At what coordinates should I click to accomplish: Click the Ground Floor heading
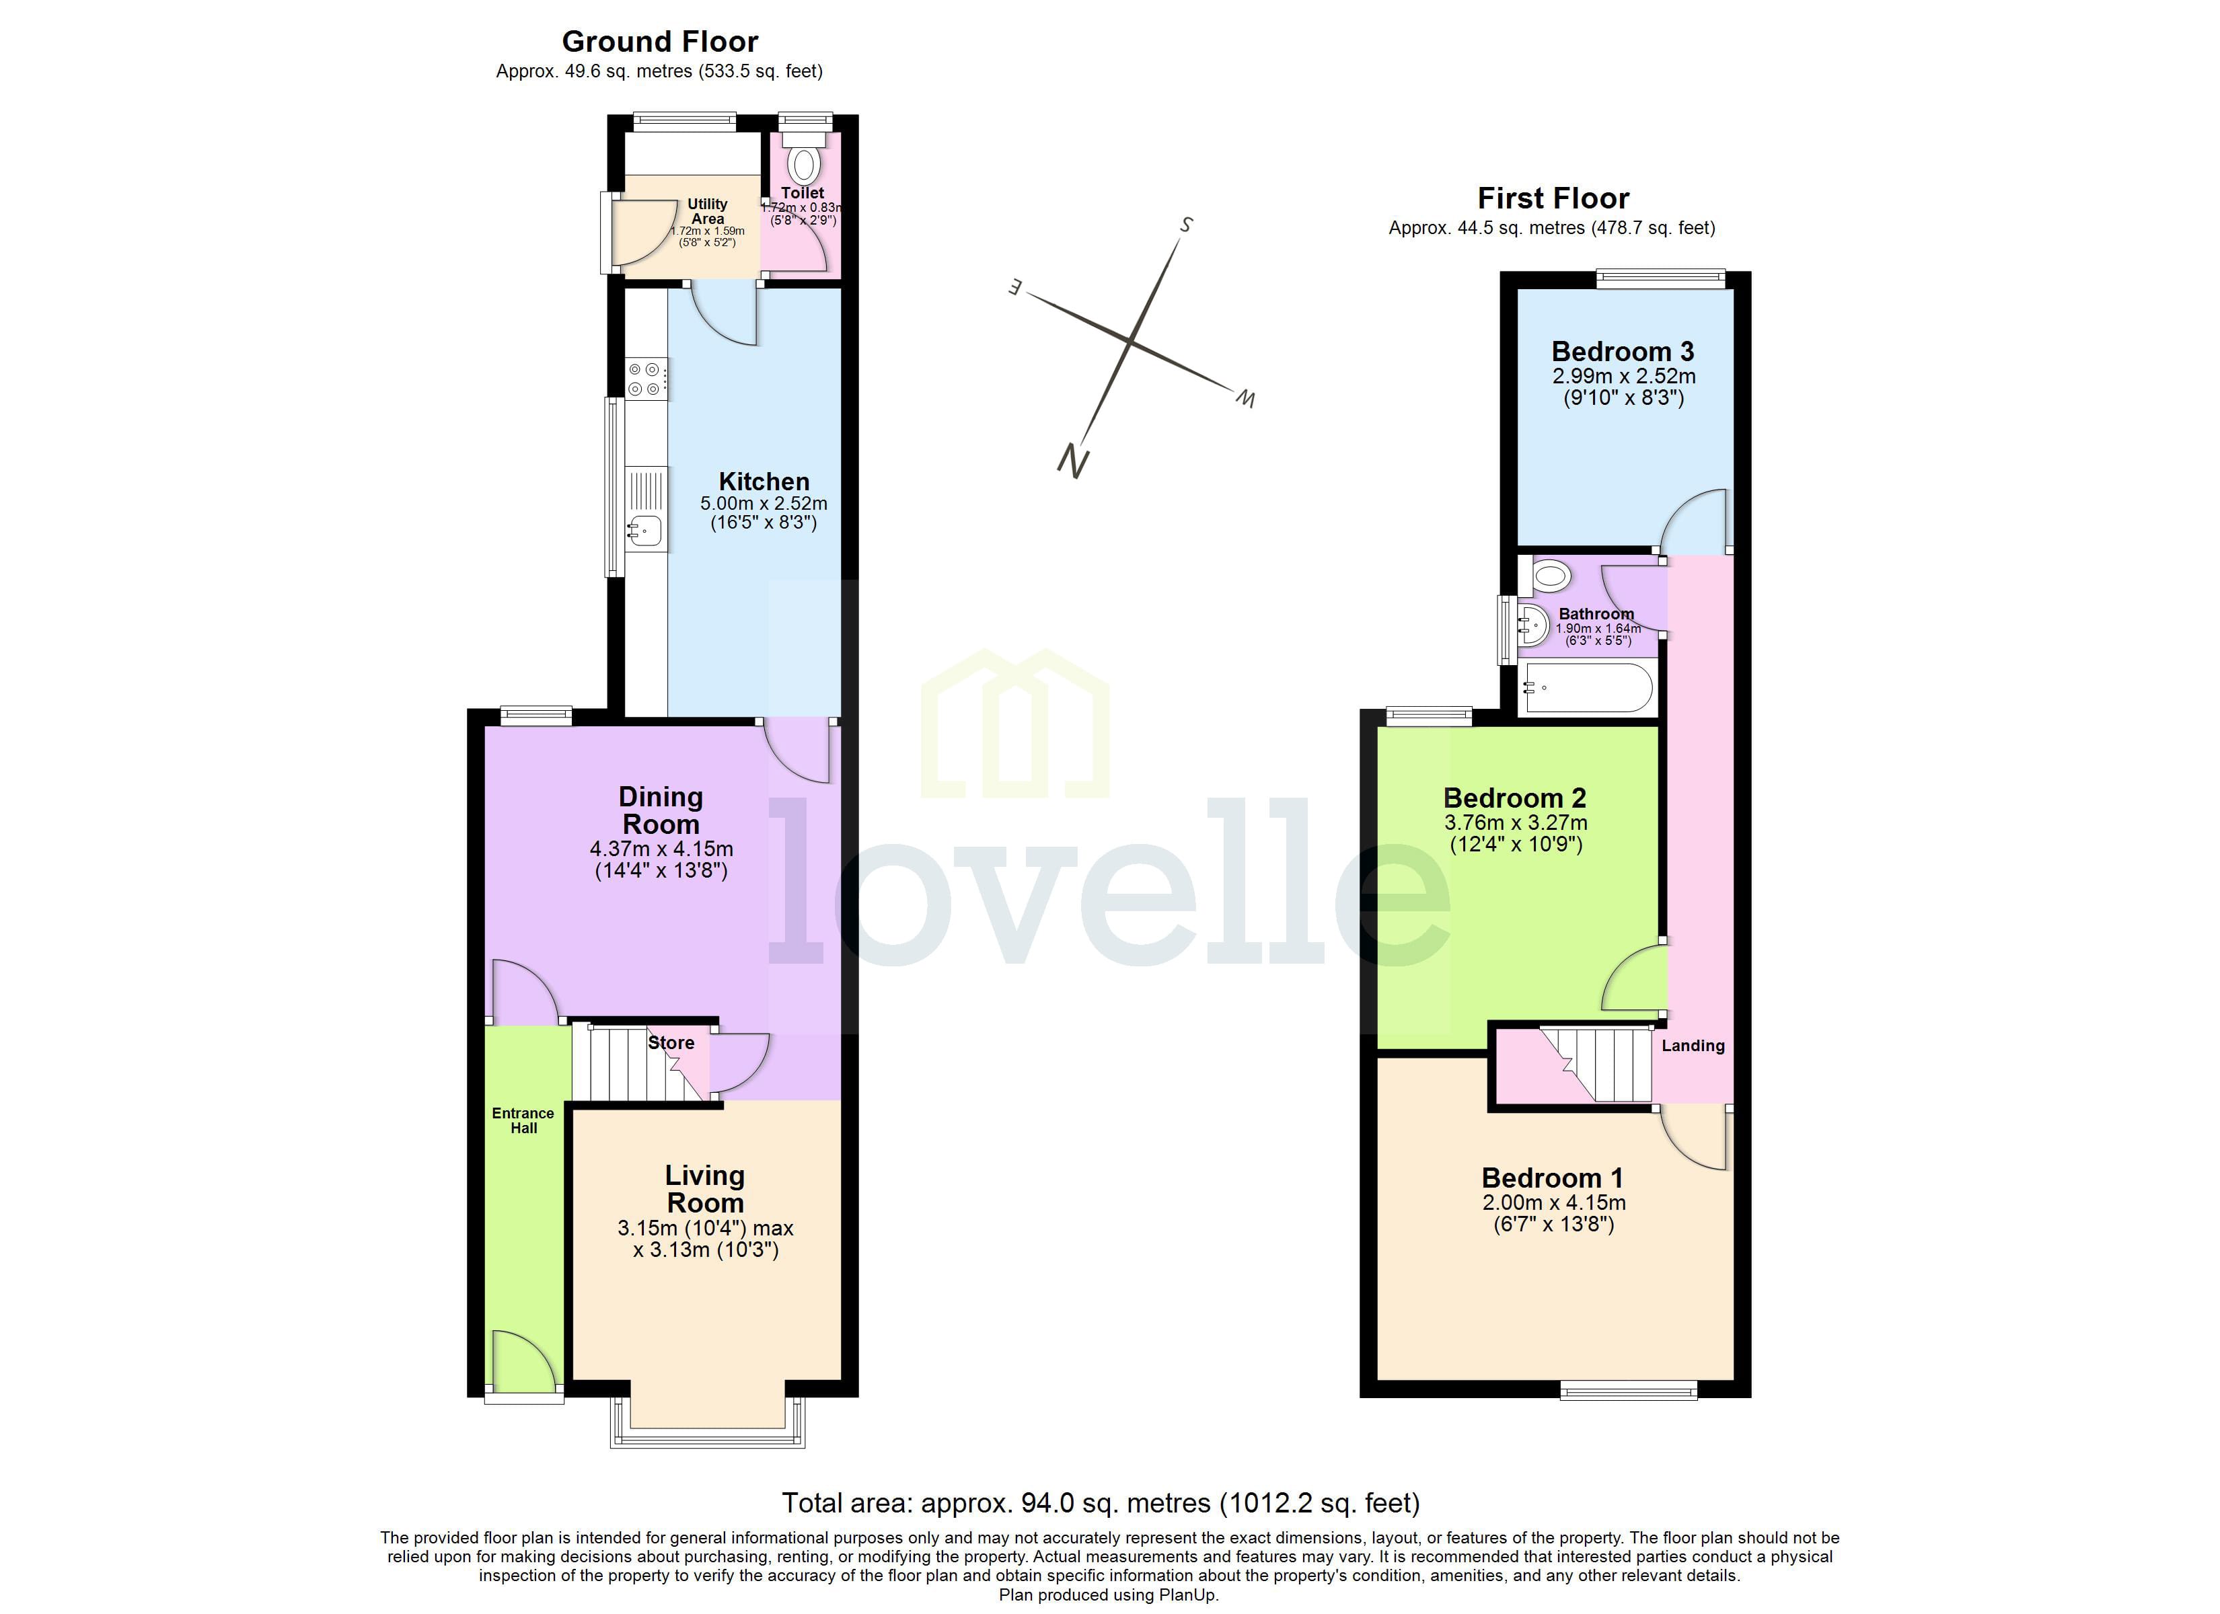pyautogui.click(x=660, y=42)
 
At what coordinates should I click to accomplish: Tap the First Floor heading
pyautogui.click(x=1553, y=198)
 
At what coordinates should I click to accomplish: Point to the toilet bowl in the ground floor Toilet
pyautogui.click(x=805, y=163)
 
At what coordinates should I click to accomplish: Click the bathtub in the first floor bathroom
pyautogui.click(x=1588, y=688)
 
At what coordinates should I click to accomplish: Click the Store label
pyautogui.click(x=671, y=1043)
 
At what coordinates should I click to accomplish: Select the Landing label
pyautogui.click(x=1693, y=1045)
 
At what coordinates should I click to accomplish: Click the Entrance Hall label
pyautogui.click(x=523, y=1120)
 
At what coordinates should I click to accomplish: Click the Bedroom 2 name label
pyautogui.click(x=1515, y=799)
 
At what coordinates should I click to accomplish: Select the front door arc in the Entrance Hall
pyautogui.click(x=525, y=1360)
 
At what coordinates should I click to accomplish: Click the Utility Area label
pyautogui.click(x=707, y=211)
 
